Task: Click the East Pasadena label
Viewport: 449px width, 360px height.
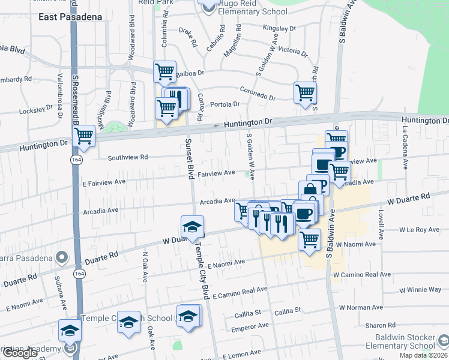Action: pos(70,17)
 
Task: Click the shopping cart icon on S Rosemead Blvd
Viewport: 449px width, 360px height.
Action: pos(83,136)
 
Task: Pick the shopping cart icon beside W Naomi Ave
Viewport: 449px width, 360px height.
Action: pos(309,239)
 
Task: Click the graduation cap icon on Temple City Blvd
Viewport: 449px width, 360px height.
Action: pos(193,227)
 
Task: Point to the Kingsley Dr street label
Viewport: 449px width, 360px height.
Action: pos(280,28)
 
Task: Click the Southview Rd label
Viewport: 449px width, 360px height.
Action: pos(127,158)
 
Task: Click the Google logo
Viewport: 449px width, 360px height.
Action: pos(20,353)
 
